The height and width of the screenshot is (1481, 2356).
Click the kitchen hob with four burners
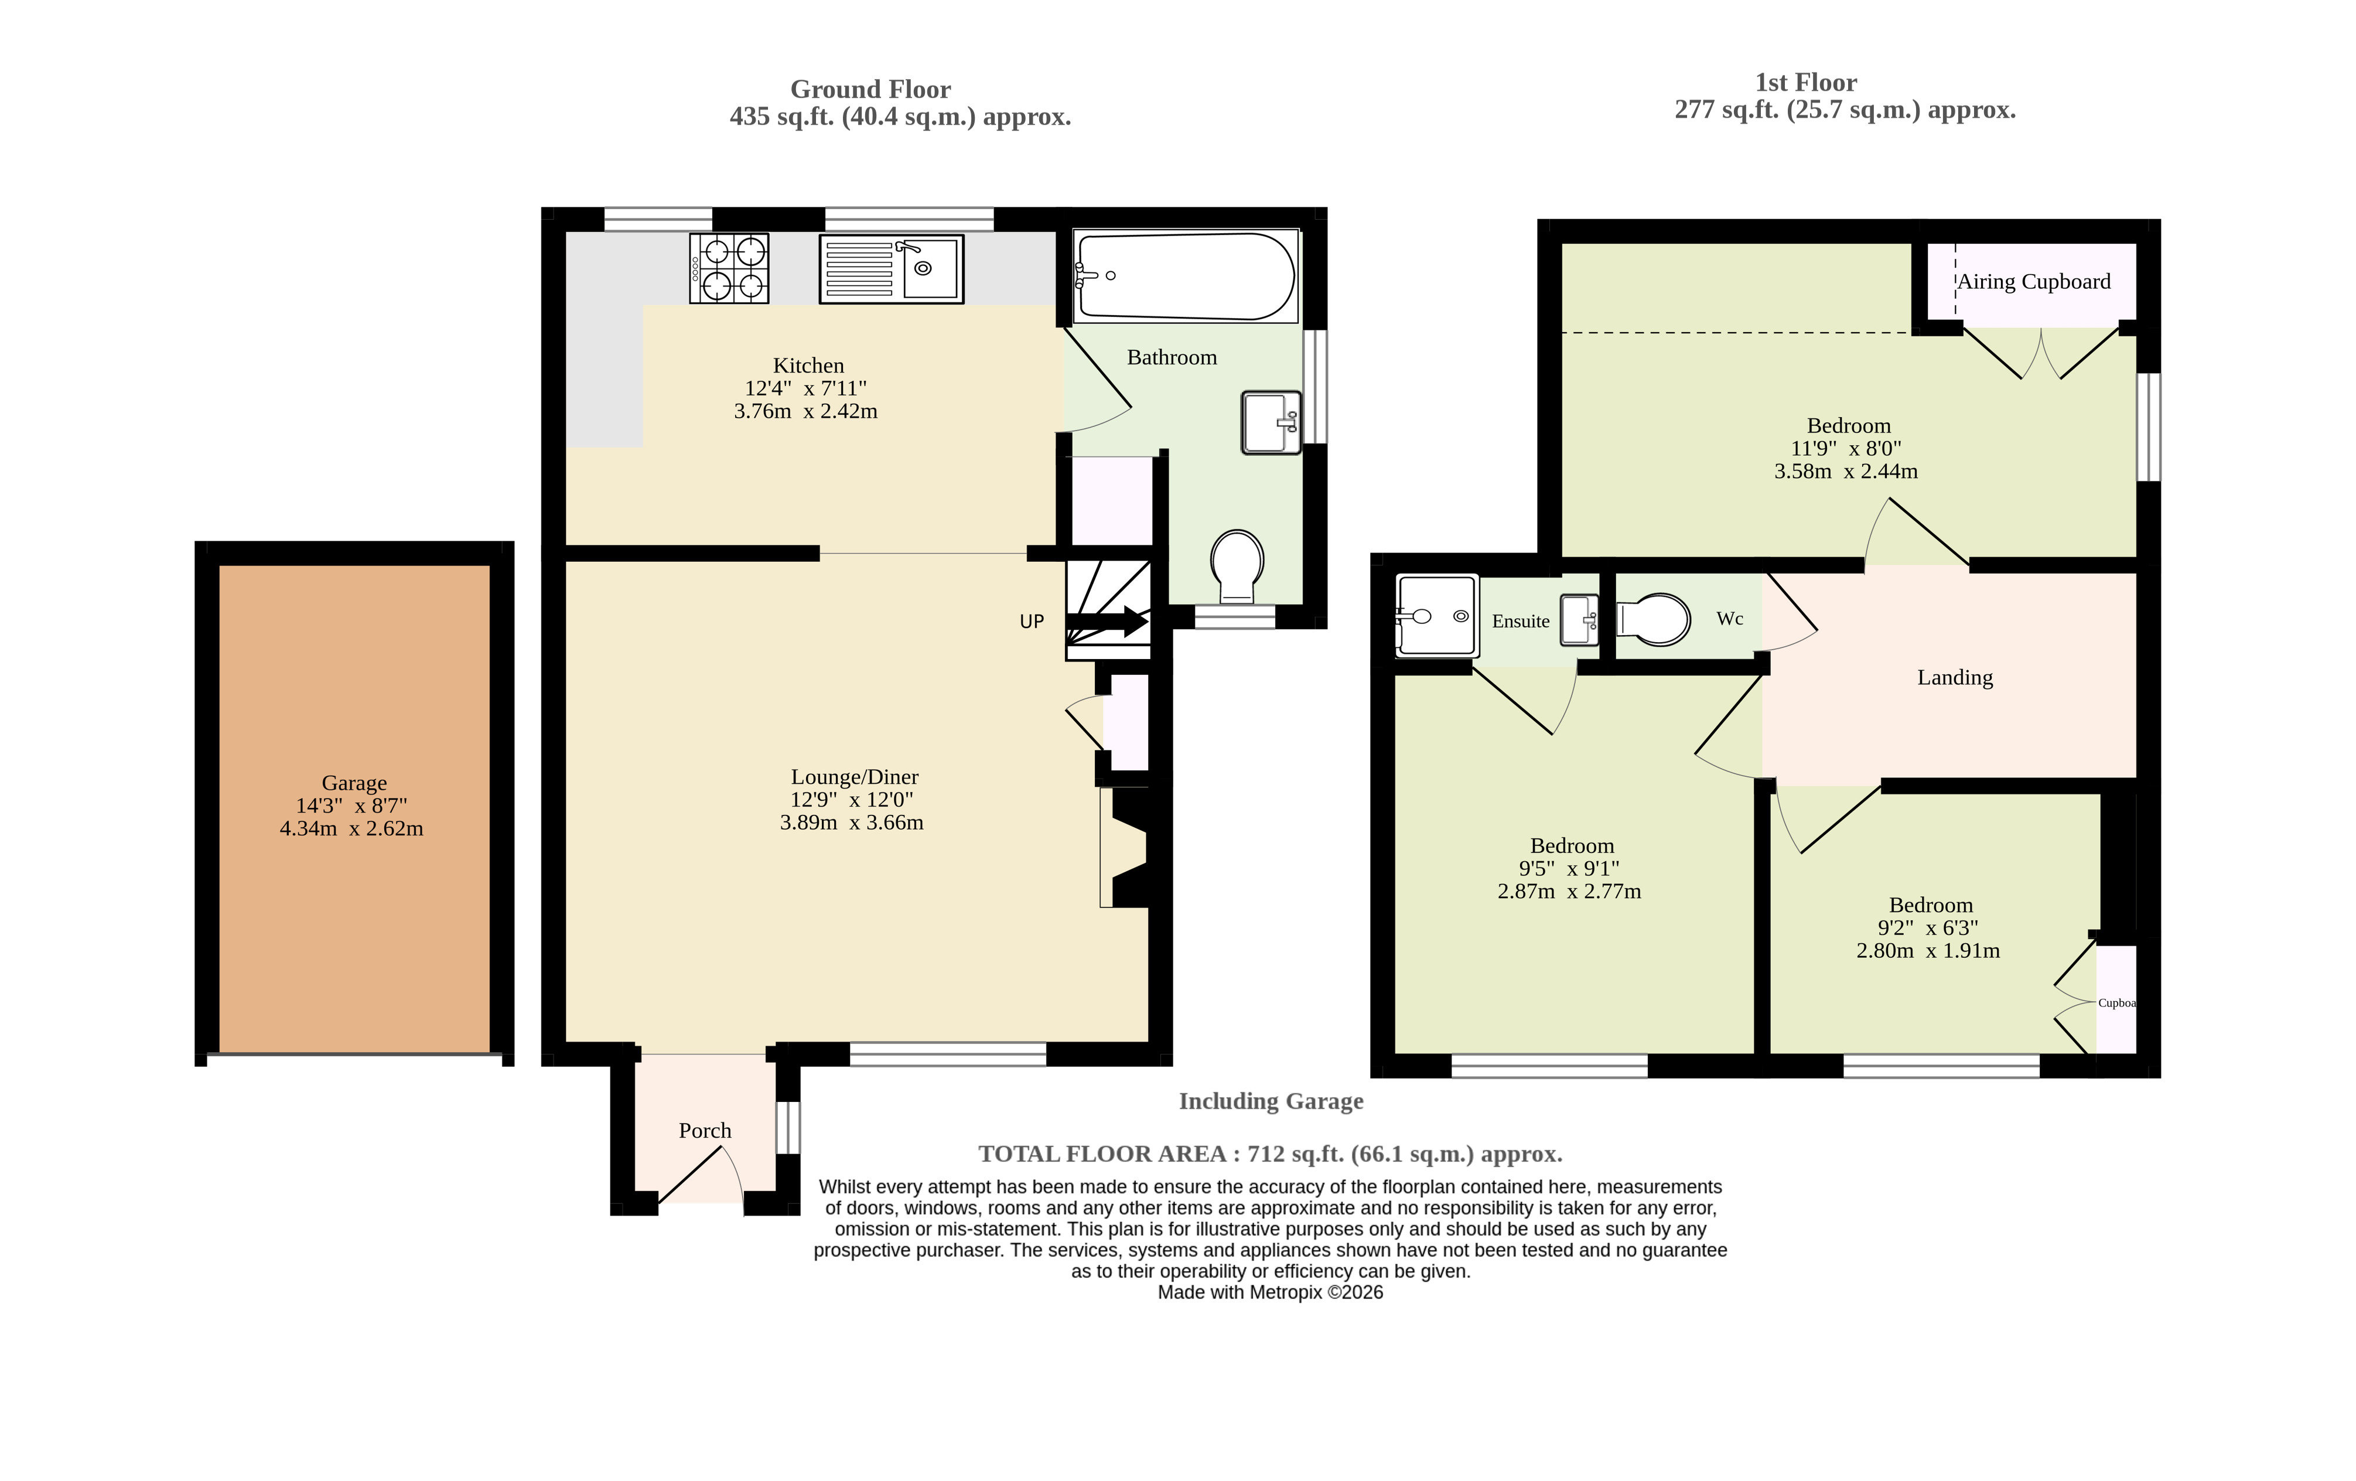pyautogui.click(x=729, y=268)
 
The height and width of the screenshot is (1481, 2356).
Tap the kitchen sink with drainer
pyautogui.click(x=892, y=268)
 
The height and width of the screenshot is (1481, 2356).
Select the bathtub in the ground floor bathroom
pyautogui.click(x=1186, y=277)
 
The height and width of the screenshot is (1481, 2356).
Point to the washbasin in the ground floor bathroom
pyautogui.click(x=1272, y=422)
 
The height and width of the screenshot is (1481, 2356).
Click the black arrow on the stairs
pyautogui.click(x=1107, y=621)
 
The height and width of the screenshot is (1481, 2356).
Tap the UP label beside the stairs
pyautogui.click(x=1032, y=621)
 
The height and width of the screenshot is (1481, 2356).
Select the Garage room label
pyautogui.click(x=354, y=783)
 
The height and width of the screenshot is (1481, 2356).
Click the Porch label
pyautogui.click(x=705, y=1130)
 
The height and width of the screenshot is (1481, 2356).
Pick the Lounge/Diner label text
pyautogui.click(x=854, y=777)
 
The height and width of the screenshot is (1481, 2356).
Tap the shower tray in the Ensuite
pyautogui.click(x=1436, y=615)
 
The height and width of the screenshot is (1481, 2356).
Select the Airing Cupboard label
pyautogui.click(x=2033, y=282)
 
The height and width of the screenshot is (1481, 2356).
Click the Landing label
pyautogui.click(x=1955, y=677)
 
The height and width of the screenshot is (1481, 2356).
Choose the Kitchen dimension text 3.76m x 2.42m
pyautogui.click(x=805, y=411)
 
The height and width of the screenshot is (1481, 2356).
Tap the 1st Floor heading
pyautogui.click(x=1805, y=82)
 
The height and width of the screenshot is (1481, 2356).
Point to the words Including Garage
pyautogui.click(x=1271, y=1101)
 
